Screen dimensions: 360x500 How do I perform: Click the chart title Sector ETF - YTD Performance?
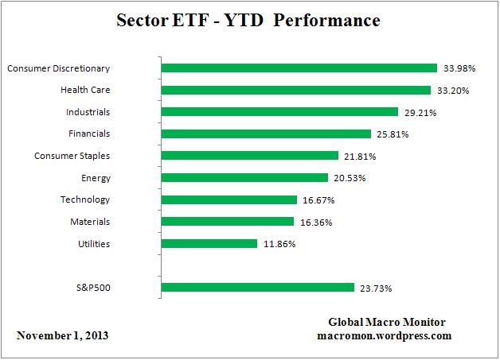tap(249, 20)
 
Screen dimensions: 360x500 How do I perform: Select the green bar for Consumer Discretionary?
tap(299, 68)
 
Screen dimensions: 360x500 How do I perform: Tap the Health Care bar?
tap(296, 90)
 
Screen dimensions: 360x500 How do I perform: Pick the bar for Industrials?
tap(279, 112)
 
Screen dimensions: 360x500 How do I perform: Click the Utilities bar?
tap(209, 243)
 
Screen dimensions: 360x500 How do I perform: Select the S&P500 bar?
tap(258, 287)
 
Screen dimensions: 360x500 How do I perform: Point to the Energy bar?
tap(244, 178)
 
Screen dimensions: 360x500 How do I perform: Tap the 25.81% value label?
tap(393, 134)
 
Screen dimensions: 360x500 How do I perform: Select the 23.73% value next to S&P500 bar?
tap(376, 288)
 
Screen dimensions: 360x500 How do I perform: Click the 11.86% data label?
tap(279, 244)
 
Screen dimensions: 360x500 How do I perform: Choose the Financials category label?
tap(89, 134)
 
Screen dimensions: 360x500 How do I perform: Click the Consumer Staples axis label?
tap(72, 156)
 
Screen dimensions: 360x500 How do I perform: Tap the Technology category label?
tap(85, 199)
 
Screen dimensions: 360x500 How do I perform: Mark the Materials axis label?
tap(89, 222)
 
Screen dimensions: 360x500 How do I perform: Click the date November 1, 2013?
tap(63, 335)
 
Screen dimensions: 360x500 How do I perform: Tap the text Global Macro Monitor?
tap(387, 322)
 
